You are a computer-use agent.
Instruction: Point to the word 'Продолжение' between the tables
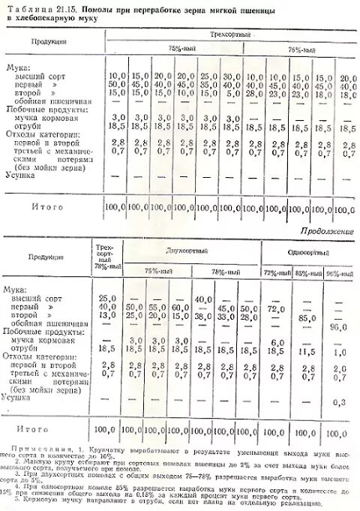pyautogui.click(x=327, y=232)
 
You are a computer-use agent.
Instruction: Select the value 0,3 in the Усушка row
pyautogui.click(x=339, y=401)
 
